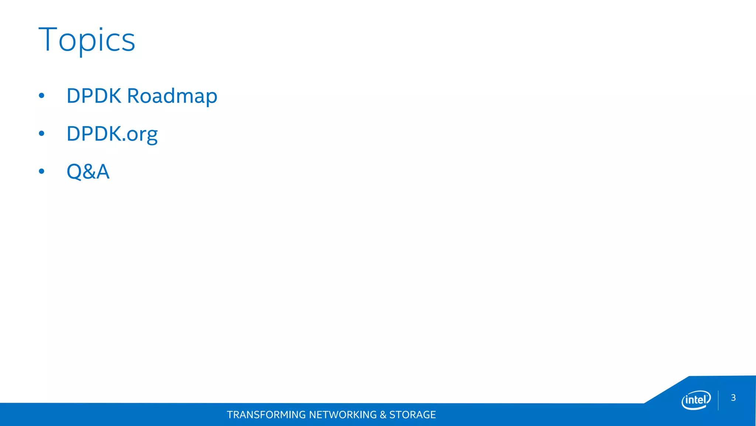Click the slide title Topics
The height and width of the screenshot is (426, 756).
click(x=87, y=40)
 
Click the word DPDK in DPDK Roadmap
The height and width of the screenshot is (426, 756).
click(x=94, y=96)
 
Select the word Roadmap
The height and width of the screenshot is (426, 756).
click(x=172, y=96)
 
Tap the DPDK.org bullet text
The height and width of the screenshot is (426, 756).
click(x=112, y=134)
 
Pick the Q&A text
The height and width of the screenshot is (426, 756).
click(x=88, y=172)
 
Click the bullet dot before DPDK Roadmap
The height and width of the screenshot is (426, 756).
click(x=41, y=96)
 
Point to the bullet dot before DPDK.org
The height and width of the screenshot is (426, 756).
click(x=41, y=133)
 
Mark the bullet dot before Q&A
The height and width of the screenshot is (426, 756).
click(x=41, y=171)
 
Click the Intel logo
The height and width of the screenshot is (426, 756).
click(x=696, y=400)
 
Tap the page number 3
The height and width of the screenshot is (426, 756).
click(x=733, y=398)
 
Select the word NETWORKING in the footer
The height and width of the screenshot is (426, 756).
click(x=343, y=415)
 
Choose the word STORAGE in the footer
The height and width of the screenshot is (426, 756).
click(x=412, y=415)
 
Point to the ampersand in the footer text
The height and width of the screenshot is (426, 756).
click(x=383, y=415)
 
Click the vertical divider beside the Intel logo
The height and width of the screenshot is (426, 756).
click(x=718, y=400)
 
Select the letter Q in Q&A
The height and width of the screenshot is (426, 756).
click(x=74, y=172)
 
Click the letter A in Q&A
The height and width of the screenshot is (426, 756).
click(x=103, y=172)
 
